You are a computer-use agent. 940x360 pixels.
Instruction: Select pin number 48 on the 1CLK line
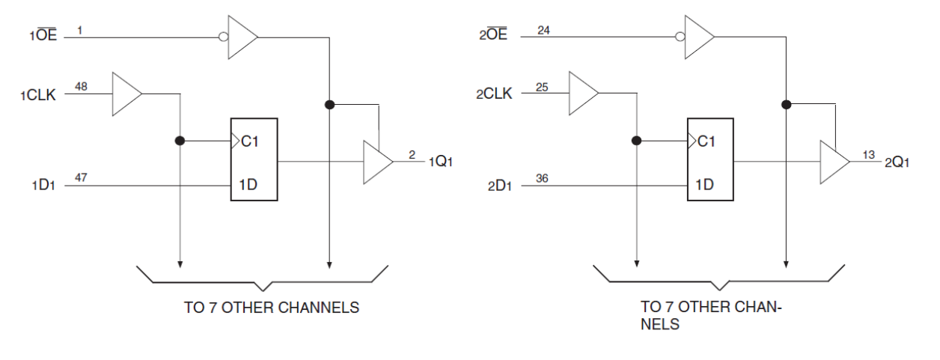click(x=81, y=87)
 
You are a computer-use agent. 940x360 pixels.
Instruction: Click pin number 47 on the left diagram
click(x=81, y=176)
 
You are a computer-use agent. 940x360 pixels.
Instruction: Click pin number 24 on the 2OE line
click(x=543, y=28)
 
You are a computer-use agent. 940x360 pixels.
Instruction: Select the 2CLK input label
click(x=494, y=95)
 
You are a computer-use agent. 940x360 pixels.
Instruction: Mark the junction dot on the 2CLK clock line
click(x=636, y=140)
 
